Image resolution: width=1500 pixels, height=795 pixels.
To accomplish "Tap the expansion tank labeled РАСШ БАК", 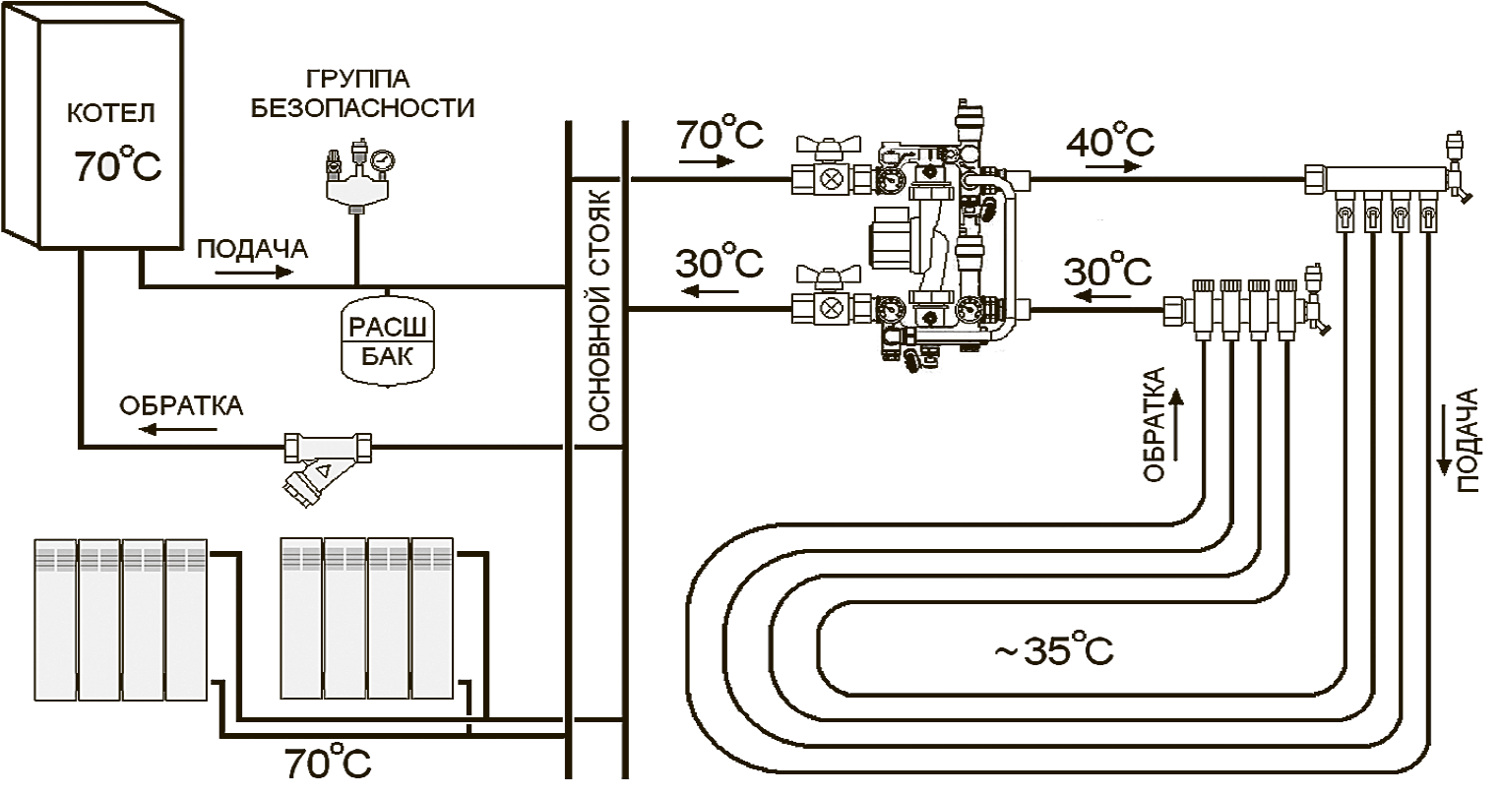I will [387, 339].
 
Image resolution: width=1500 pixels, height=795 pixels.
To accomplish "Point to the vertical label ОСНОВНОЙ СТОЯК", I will [596, 311].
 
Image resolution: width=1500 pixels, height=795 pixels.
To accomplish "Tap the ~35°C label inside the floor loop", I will [1053, 650].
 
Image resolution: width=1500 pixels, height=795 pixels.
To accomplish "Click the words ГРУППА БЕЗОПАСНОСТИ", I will [362, 93].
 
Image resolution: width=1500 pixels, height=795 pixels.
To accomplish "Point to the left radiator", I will [120, 620].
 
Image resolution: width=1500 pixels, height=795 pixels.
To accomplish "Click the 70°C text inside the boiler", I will [117, 166].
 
